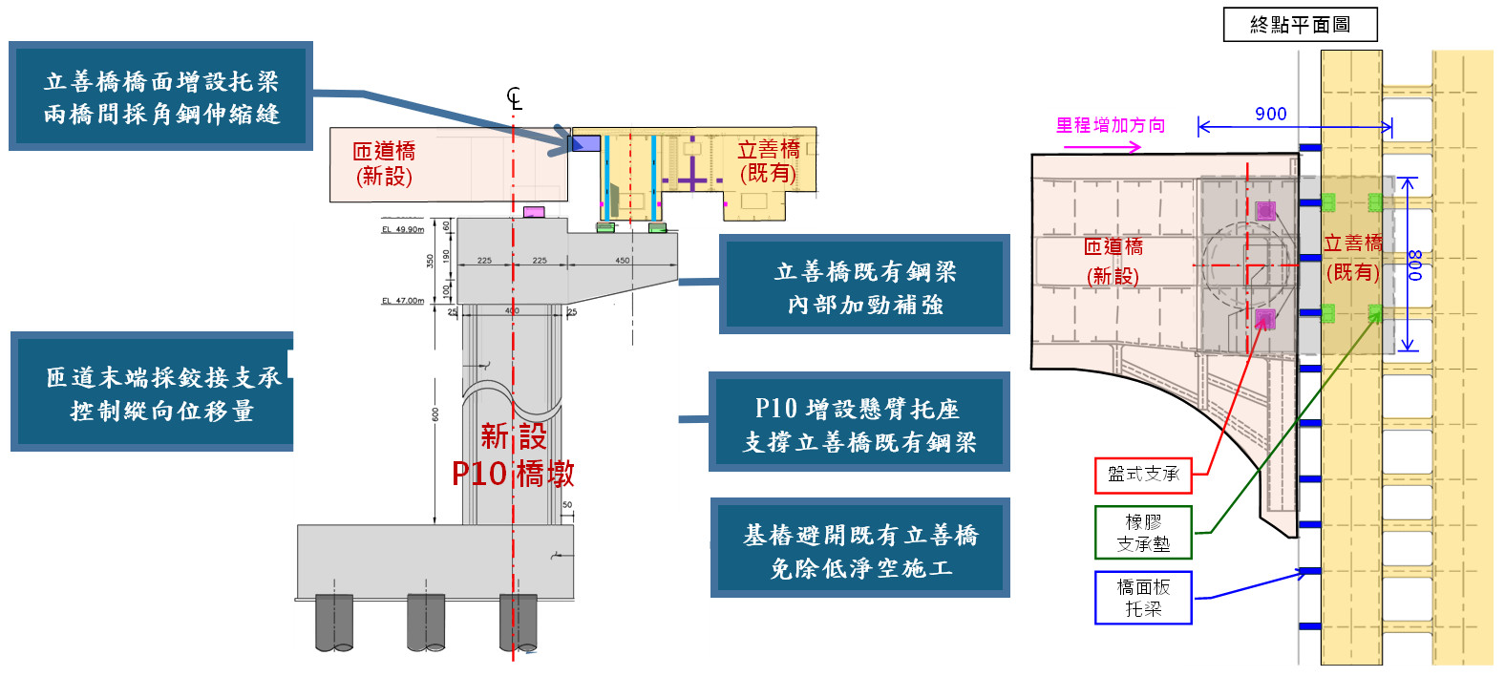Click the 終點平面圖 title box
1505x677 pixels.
pyautogui.click(x=1300, y=25)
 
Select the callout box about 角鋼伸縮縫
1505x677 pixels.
pyautogui.click(x=160, y=96)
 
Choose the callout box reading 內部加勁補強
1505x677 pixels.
pyautogui.click(x=864, y=286)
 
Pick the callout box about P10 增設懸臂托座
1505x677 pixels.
pyautogui.click(x=858, y=423)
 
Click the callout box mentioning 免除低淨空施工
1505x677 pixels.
pyautogui.click(x=859, y=549)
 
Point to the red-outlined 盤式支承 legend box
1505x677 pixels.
pyautogui.click(x=1143, y=475)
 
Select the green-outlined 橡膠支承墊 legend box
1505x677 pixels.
pyautogui.click(x=1143, y=533)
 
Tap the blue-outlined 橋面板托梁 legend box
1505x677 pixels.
pyautogui.click(x=1143, y=598)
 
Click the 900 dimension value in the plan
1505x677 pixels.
pyautogui.click(x=1270, y=115)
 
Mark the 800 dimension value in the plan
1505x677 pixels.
pyautogui.click(x=1414, y=264)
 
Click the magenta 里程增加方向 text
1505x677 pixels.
pyautogui.click(x=1110, y=125)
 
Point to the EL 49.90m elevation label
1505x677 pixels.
pyautogui.click(x=402, y=230)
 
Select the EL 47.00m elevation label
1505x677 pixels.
pyautogui.click(x=402, y=301)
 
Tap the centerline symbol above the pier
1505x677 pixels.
pyautogui.click(x=515, y=98)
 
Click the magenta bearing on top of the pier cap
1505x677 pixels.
pyautogui.click(x=534, y=212)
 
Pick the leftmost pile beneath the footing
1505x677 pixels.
pyautogui.click(x=334, y=623)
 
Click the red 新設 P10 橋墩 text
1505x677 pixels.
pyautogui.click(x=513, y=455)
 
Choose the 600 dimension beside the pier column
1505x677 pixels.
pyautogui.click(x=435, y=414)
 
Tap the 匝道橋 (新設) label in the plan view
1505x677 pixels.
pyautogui.click(x=1113, y=261)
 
